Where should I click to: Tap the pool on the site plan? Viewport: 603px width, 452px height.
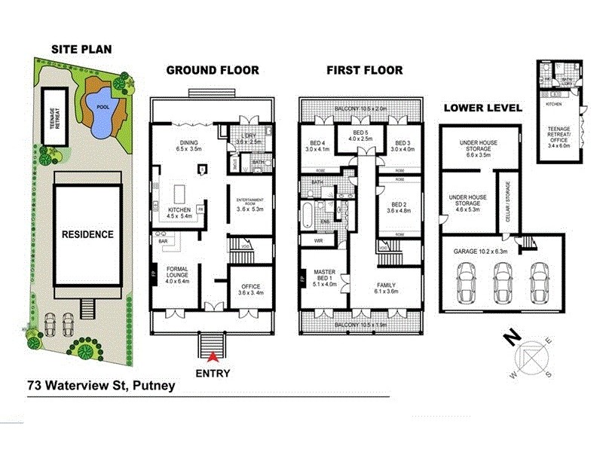(101, 115)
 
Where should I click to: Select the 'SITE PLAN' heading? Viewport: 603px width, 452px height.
(81, 50)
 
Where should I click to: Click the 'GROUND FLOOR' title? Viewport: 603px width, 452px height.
(212, 70)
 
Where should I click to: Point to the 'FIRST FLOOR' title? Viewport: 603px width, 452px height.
(364, 70)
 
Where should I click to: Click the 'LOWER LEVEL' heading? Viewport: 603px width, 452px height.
(482, 108)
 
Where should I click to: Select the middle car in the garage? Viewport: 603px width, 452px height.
(500, 280)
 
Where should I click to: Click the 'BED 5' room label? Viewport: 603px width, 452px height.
(359, 134)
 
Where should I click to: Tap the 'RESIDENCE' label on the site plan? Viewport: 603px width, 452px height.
(87, 234)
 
